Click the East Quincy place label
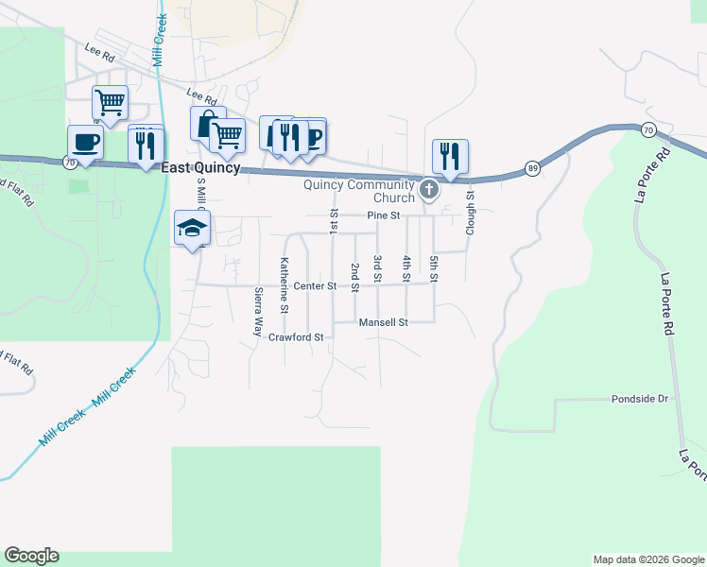(x=200, y=168)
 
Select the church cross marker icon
(x=429, y=191)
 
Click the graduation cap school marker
(x=192, y=228)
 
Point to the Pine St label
(x=384, y=216)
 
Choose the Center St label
(x=315, y=285)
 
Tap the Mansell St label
(x=383, y=322)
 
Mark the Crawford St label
(x=296, y=336)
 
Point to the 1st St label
(x=334, y=223)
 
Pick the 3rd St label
(x=377, y=267)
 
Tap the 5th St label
(x=434, y=267)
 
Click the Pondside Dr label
(x=639, y=399)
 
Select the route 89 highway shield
(x=533, y=168)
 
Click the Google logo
(x=31, y=556)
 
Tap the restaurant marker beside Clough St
(x=451, y=155)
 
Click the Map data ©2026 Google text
(x=648, y=559)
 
